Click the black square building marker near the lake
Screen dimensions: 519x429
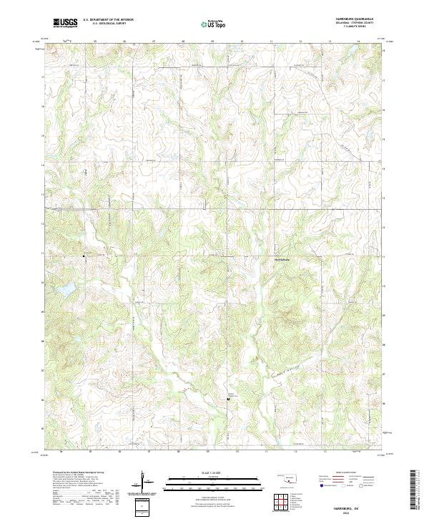pos(83,255)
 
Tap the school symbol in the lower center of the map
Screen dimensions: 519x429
pos(228,399)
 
